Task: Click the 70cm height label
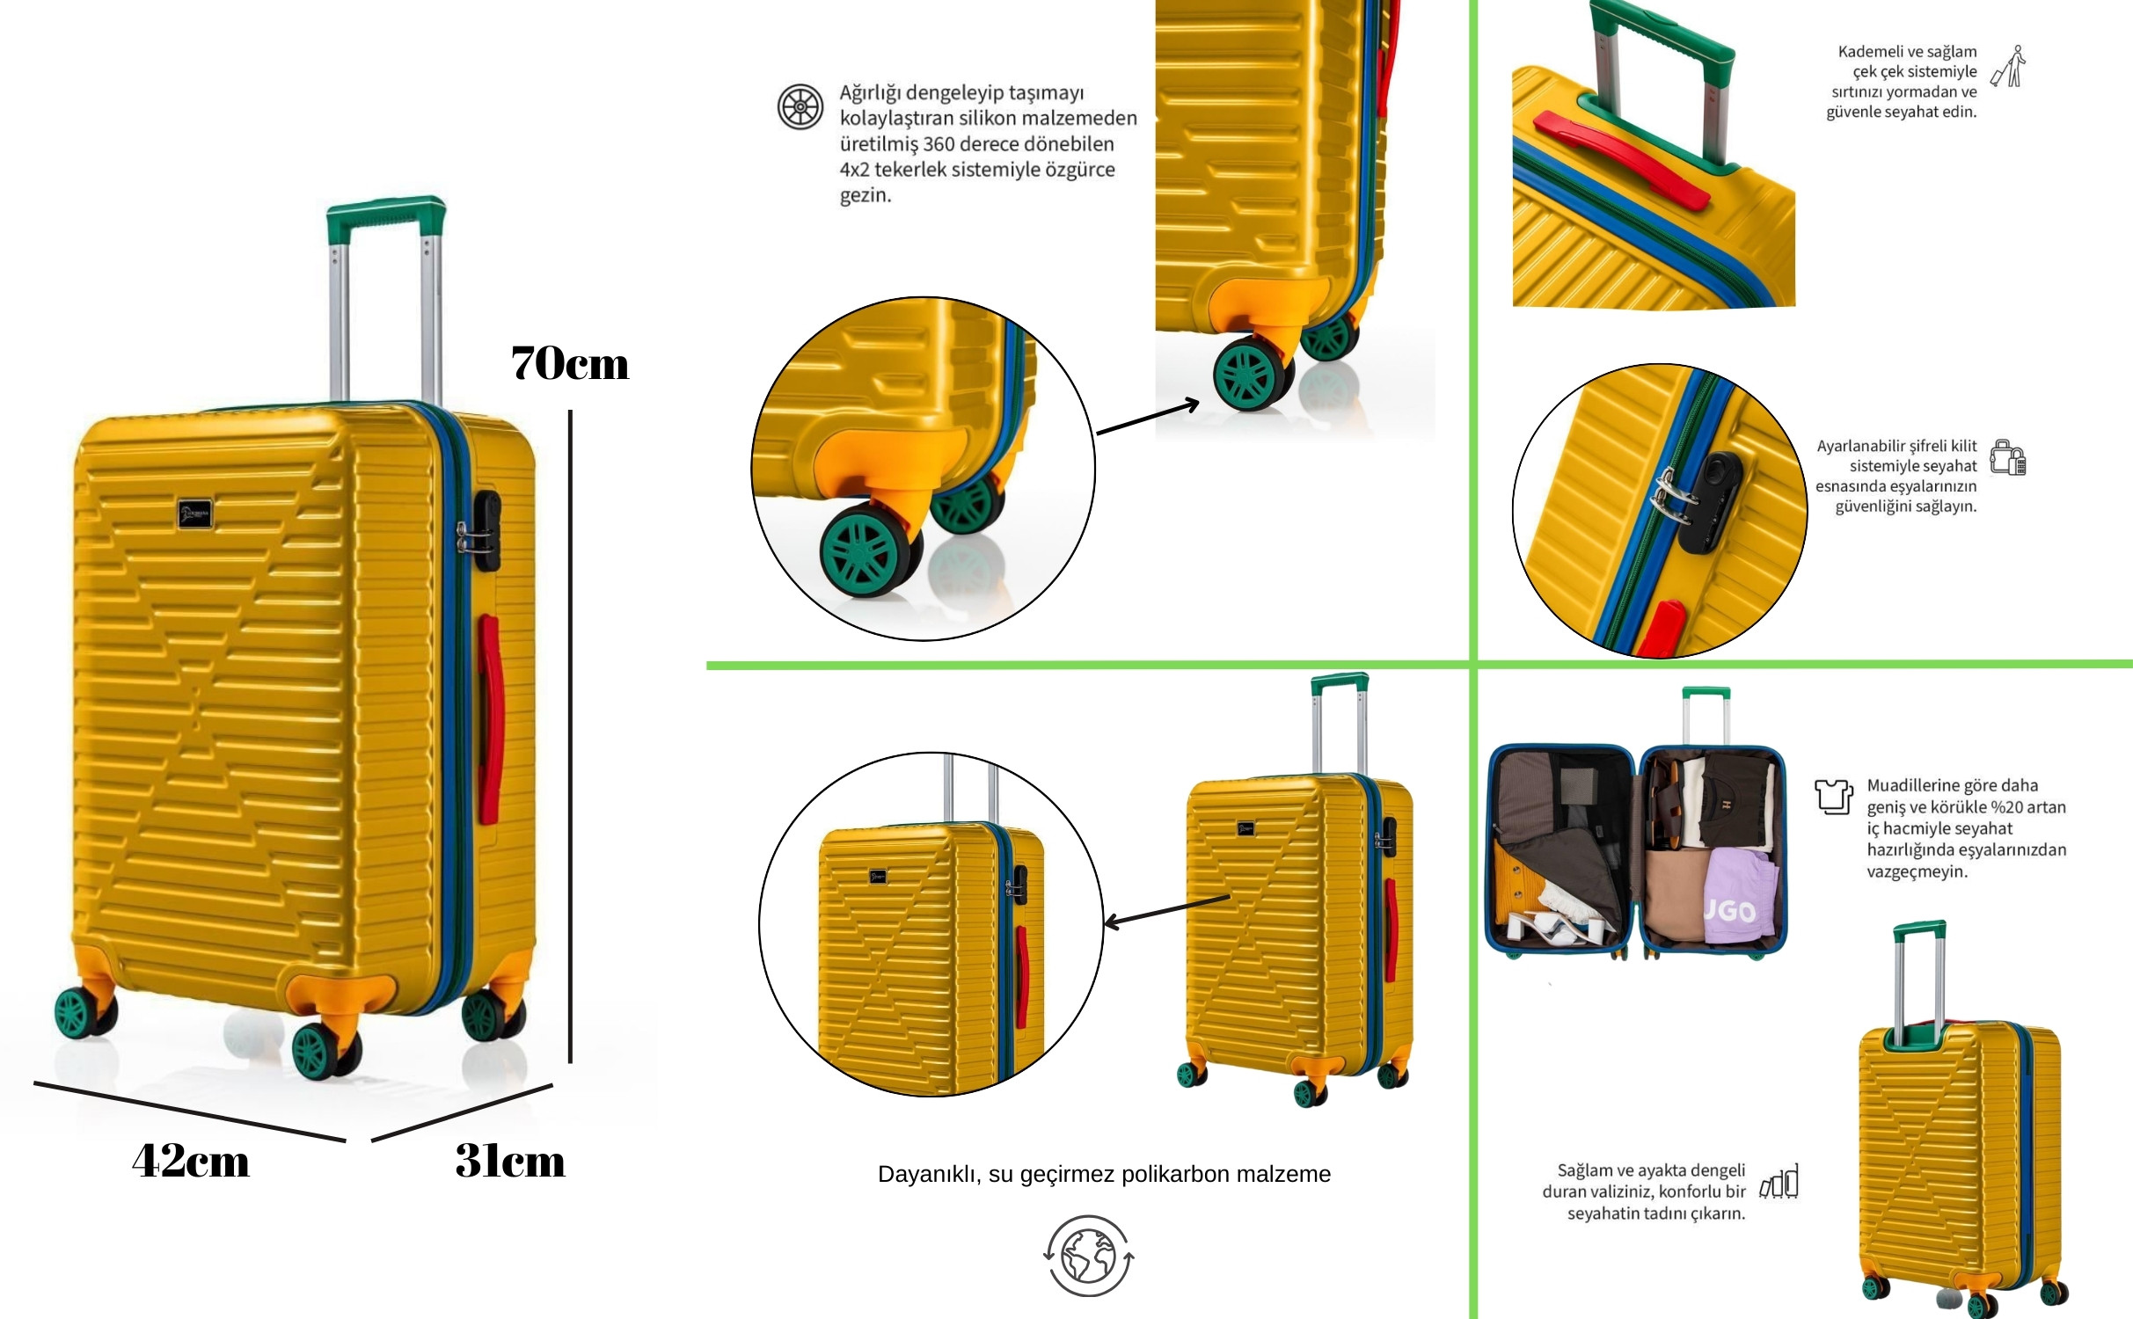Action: coord(570,363)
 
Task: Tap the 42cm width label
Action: coord(191,1161)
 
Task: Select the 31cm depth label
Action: coord(510,1161)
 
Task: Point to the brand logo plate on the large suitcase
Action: coord(195,514)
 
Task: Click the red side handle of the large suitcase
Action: coord(490,719)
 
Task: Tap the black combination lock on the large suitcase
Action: coord(486,530)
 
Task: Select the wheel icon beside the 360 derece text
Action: coord(800,106)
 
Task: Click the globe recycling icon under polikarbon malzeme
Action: coord(1089,1256)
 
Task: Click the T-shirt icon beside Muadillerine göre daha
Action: coord(1834,796)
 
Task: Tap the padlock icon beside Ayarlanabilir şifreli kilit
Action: coord(2008,457)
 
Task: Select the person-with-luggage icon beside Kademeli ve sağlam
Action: coord(2008,67)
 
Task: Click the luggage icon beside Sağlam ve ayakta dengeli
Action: coord(1779,1181)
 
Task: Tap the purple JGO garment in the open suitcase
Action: coord(1737,897)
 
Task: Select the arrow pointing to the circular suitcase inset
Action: coord(1166,911)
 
